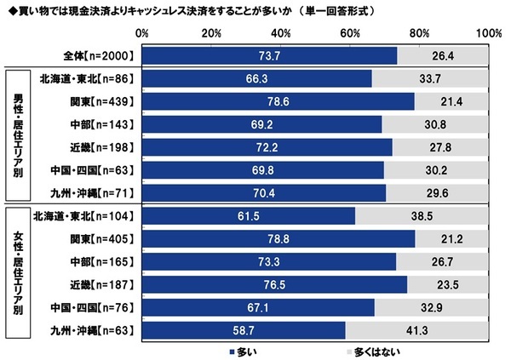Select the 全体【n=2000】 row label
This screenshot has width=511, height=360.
[98, 55]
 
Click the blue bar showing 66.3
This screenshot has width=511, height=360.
[257, 78]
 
